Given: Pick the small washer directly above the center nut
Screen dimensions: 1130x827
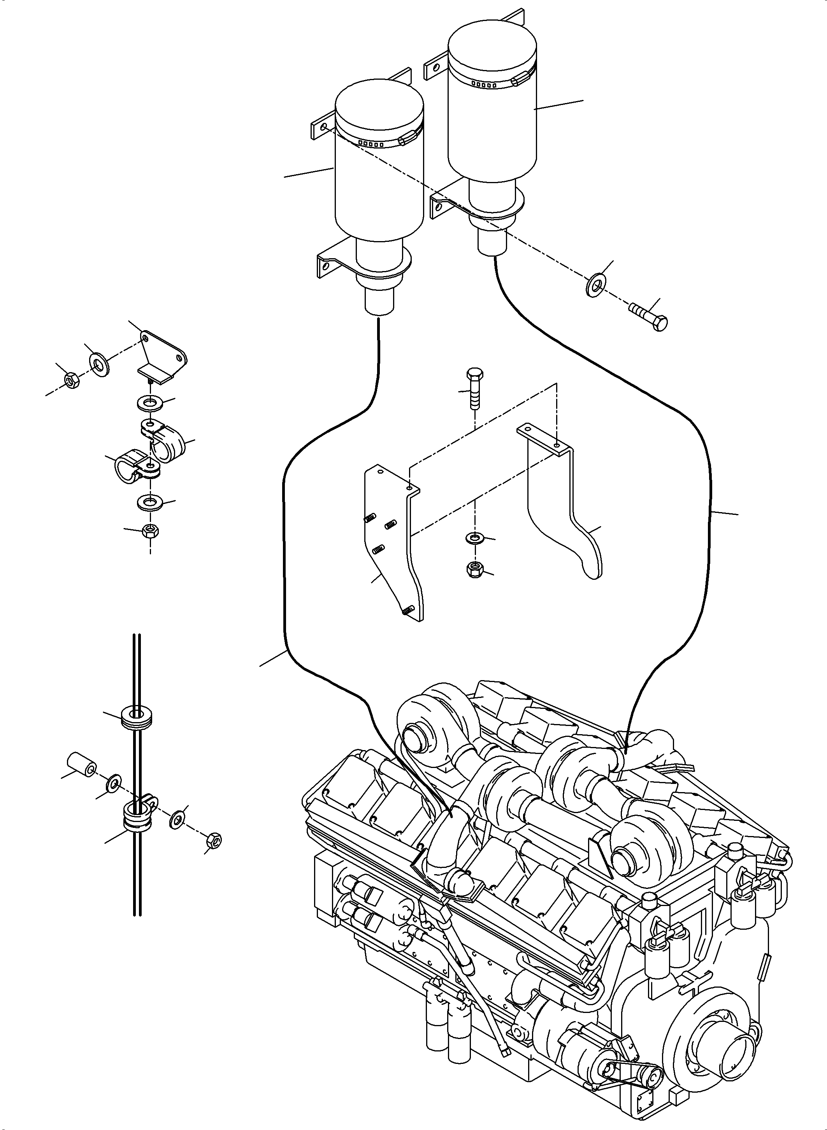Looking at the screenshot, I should coord(473,538).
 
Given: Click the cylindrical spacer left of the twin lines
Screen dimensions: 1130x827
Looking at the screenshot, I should coord(83,777).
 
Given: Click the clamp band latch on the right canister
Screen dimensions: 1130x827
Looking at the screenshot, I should coord(521,79).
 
